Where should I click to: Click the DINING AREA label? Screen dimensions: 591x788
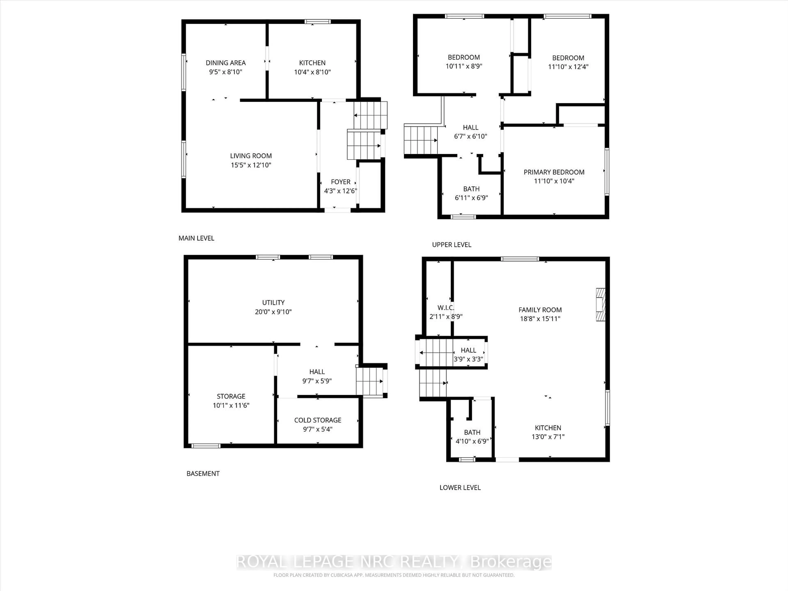226,63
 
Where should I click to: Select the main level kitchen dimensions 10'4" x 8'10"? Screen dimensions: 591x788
312,72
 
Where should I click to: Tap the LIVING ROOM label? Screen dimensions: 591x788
251,156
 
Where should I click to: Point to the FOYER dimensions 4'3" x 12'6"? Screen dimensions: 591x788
340,191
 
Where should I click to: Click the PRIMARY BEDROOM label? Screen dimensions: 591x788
554,172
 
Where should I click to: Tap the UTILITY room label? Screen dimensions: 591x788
273,302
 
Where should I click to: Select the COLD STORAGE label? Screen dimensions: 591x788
317,420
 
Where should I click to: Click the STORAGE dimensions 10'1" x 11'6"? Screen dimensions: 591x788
231,405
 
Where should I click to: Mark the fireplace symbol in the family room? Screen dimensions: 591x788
601,305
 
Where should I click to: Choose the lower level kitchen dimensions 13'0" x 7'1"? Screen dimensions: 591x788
548,437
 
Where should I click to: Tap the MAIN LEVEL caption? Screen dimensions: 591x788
196,238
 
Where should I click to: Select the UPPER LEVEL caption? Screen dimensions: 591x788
451,245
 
